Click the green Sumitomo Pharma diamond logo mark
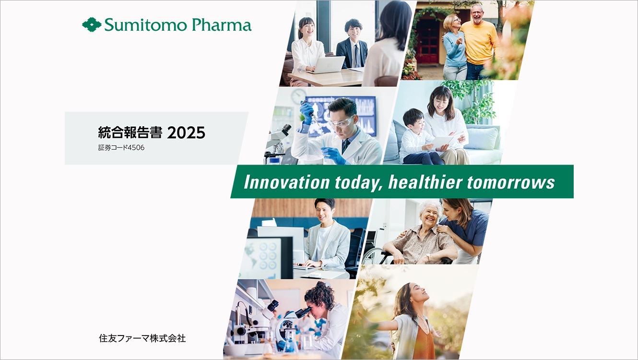[x=92, y=24]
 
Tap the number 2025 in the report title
[x=186, y=133]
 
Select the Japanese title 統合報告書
[x=130, y=132]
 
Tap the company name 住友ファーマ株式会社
[x=142, y=338]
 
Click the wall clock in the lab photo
[x=298, y=96]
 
